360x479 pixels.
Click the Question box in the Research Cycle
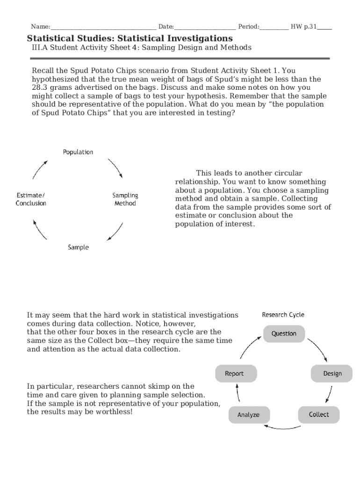[284, 334]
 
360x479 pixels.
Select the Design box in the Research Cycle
[332, 373]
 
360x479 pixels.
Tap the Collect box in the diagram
[318, 414]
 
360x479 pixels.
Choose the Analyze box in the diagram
[248, 415]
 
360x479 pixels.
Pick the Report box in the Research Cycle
[235, 373]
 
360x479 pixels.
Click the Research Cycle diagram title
[283, 315]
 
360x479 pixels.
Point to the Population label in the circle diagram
[78, 152]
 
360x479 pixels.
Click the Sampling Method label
[125, 199]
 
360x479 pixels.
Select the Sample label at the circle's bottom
[78, 247]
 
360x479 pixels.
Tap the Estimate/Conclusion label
[31, 199]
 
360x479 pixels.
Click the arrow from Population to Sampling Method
[116, 168]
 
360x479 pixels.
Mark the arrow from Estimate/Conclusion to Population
[40, 169]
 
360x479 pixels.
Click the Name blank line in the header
[103, 27]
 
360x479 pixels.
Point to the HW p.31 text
[303, 27]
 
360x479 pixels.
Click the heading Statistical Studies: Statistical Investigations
[130, 38]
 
